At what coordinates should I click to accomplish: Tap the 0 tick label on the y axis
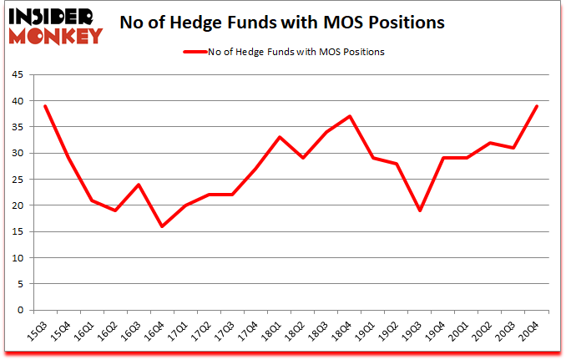click(x=23, y=310)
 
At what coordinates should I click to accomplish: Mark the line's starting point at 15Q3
click(x=44, y=106)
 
